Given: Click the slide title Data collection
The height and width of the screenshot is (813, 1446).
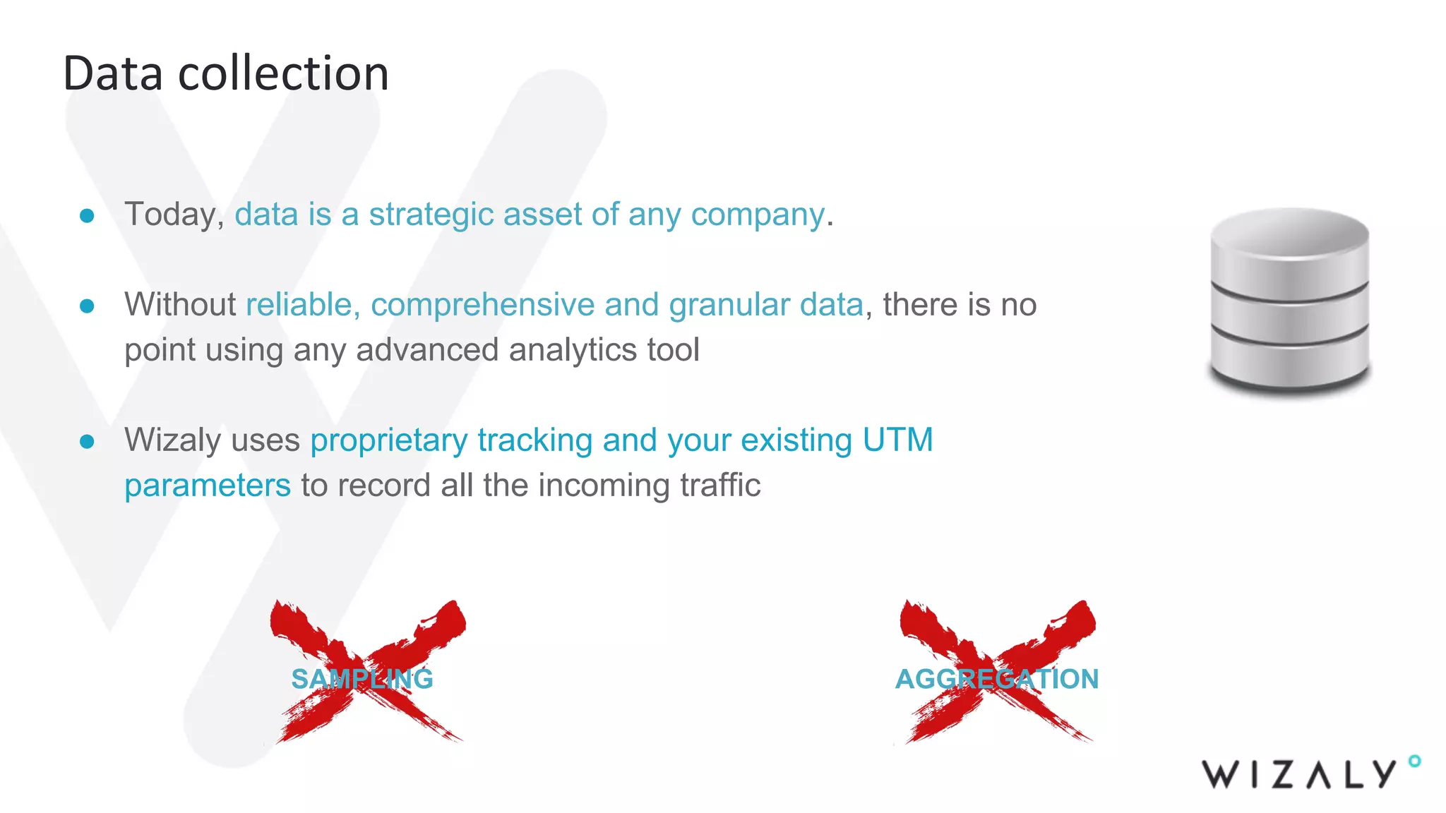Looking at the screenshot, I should point(226,73).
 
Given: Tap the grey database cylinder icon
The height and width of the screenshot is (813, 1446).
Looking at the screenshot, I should point(1289,300).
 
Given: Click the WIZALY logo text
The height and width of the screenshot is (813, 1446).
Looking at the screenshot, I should point(1300,774).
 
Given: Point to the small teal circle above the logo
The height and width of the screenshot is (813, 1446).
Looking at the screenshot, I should point(1414,761).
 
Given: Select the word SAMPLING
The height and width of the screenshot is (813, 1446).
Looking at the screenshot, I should point(362,679).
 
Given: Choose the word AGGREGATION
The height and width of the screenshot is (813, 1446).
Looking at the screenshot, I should point(997,679).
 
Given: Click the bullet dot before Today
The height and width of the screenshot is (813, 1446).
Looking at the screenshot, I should point(88,215).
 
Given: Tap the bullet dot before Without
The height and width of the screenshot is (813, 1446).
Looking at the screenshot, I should point(88,306).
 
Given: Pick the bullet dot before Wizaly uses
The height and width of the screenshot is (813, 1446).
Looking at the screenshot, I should point(88,441).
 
